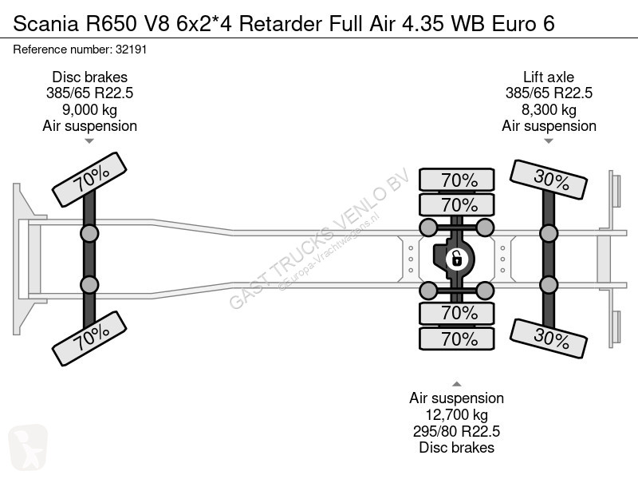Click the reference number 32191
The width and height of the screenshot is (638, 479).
[x=131, y=49]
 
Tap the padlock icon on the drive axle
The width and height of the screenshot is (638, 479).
[x=456, y=259]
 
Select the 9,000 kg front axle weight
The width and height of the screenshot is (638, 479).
[x=89, y=109]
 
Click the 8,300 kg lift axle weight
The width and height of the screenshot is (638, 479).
[x=549, y=109]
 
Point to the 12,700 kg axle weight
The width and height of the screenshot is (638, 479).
[x=456, y=414]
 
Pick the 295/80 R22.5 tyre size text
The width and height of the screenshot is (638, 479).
[x=456, y=431]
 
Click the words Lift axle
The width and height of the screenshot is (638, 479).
[x=549, y=77]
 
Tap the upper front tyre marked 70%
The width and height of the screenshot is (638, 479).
[x=89, y=179]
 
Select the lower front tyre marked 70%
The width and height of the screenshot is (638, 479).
[x=89, y=338]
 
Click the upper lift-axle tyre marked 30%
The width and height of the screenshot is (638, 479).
[x=549, y=180]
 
